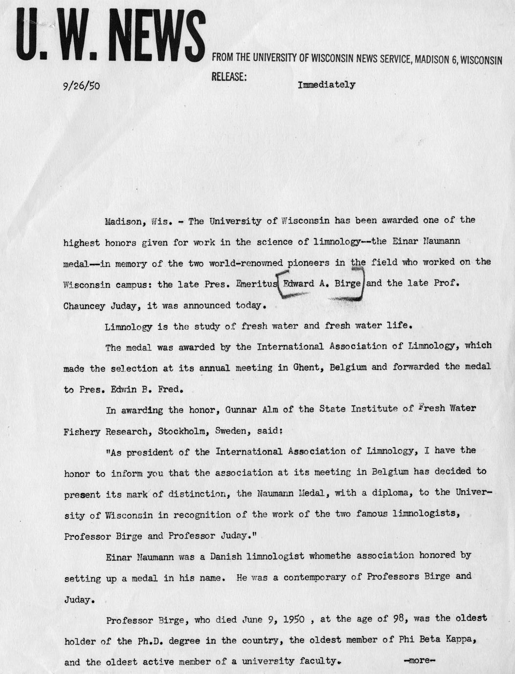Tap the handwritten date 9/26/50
pyautogui.click(x=81, y=86)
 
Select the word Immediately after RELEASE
pyautogui.click(x=326, y=85)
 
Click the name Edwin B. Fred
pyautogui.click(x=147, y=390)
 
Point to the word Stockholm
pyautogui.click(x=177, y=432)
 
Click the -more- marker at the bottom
pyautogui.click(x=419, y=660)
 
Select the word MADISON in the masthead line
pyautogui.click(x=430, y=60)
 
